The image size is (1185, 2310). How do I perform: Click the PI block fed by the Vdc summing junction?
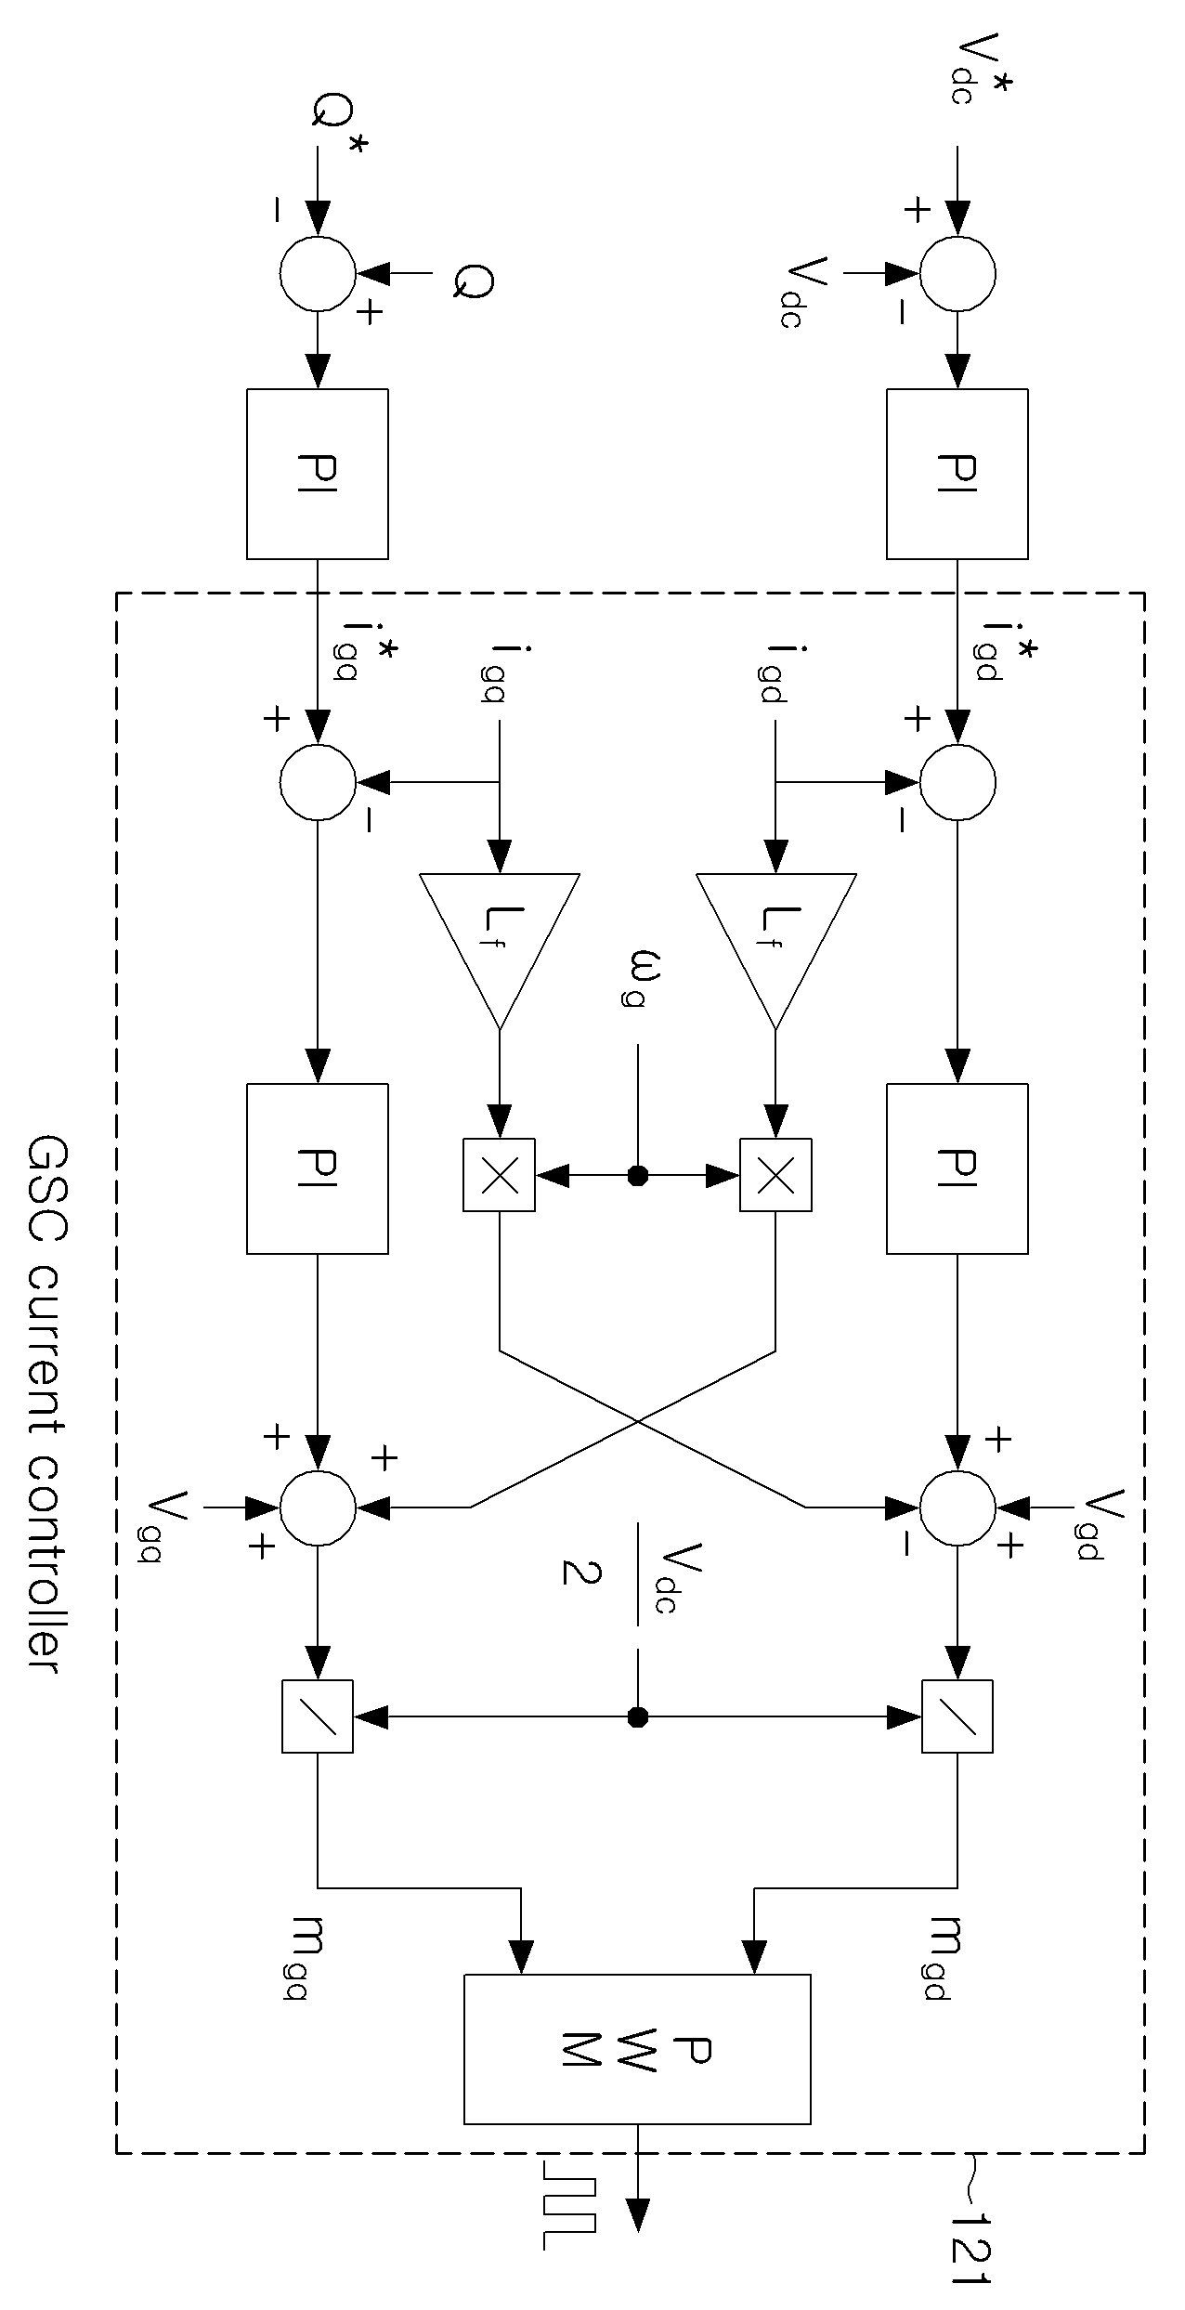click(x=957, y=474)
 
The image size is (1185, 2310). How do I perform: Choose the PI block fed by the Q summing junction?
click(x=318, y=474)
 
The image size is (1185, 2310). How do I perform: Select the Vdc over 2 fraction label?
click(x=620, y=1575)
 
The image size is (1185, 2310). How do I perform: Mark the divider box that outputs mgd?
click(x=957, y=1716)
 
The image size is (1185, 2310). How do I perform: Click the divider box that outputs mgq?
click(x=318, y=1716)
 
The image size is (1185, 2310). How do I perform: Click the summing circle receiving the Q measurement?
click(x=318, y=273)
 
